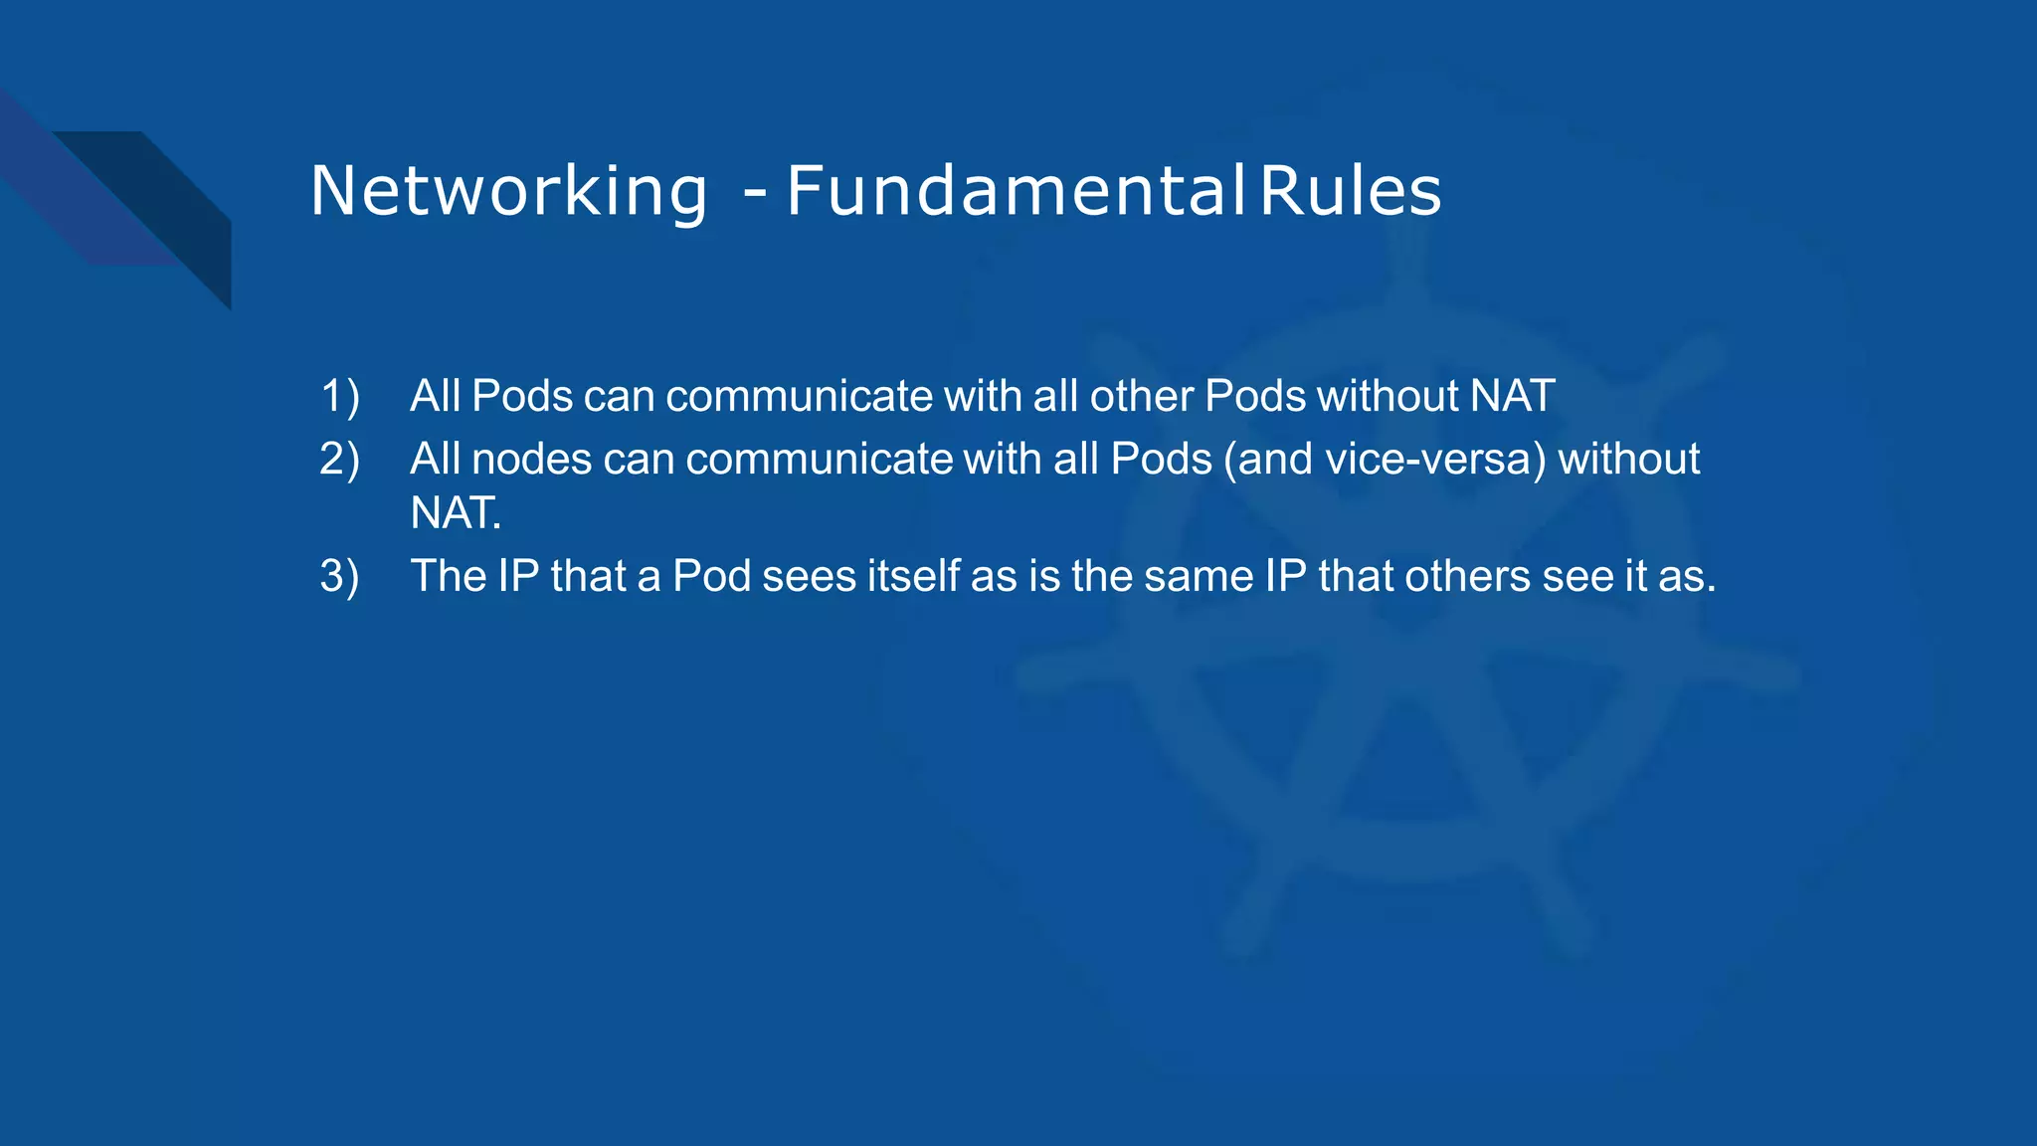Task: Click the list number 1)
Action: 339,396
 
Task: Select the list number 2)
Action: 339,460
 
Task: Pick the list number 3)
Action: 339,577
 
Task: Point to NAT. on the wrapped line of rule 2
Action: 456,513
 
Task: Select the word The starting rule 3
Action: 449,577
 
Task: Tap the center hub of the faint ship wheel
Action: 1404,587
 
